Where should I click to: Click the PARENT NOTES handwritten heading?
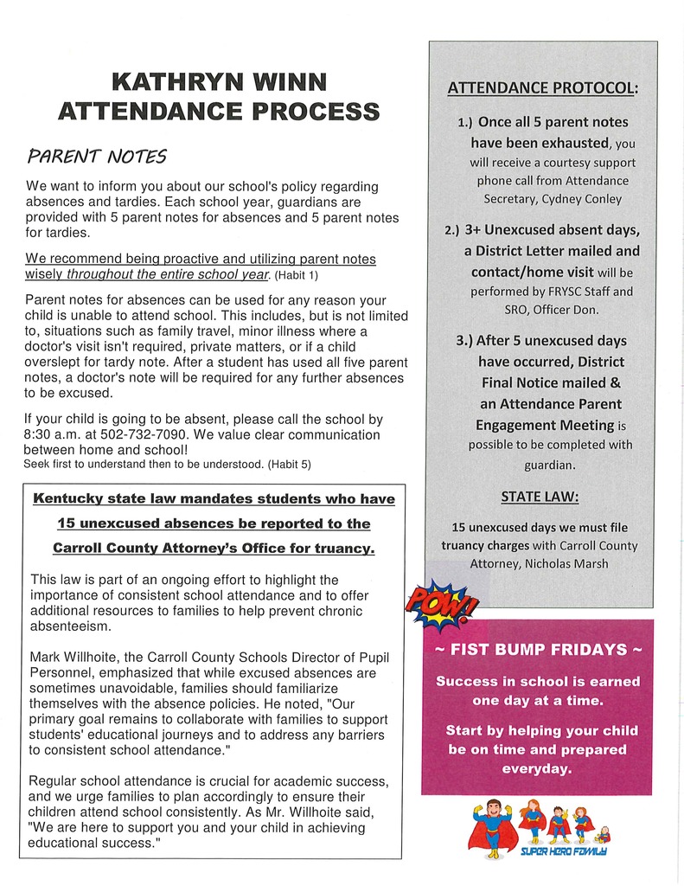pyautogui.click(x=96, y=157)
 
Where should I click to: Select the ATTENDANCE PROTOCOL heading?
pyautogui.click(x=542, y=87)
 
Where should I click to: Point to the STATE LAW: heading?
pyautogui.click(x=540, y=497)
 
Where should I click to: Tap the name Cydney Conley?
pyautogui.click(x=581, y=199)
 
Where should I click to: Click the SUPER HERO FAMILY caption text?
pyautogui.click(x=564, y=851)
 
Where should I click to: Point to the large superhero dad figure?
pyautogui.click(x=492, y=828)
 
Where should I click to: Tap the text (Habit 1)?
pyautogui.click(x=297, y=276)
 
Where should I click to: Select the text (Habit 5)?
pyautogui.click(x=289, y=465)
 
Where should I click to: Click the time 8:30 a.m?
pyautogui.click(x=54, y=434)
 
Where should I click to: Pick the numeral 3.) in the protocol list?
pyautogui.click(x=463, y=341)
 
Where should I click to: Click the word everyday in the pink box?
pyautogui.click(x=536, y=767)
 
